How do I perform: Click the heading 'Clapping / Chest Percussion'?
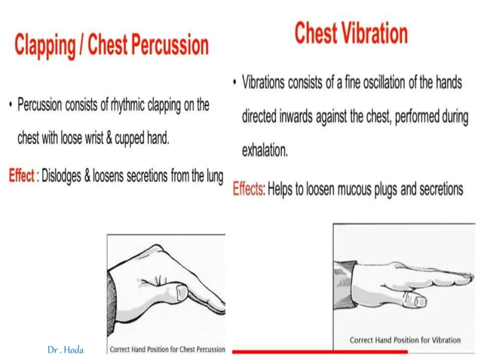pos(111,45)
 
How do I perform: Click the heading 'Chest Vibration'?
pos(351,33)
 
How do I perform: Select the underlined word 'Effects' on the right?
pos(247,189)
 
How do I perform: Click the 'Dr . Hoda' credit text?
pos(66,350)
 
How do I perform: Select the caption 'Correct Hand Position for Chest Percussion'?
pos(167,349)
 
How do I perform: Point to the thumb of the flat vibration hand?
pos(413,301)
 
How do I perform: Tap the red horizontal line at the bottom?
pos(320,352)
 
